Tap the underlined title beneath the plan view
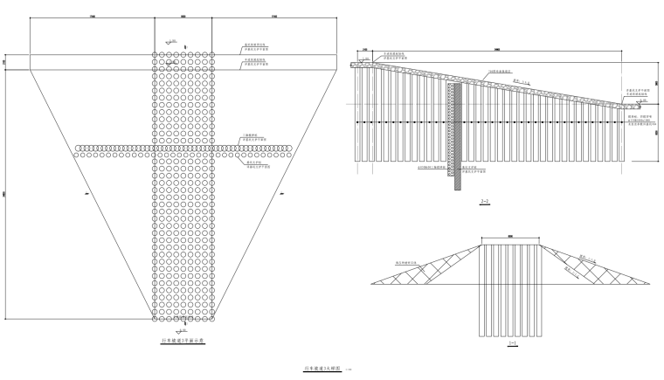pos(183,341)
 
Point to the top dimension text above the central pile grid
pos(183,17)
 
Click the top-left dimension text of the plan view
pos(92,17)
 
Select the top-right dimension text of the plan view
pos(273,17)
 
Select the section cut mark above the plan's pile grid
pos(169,43)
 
